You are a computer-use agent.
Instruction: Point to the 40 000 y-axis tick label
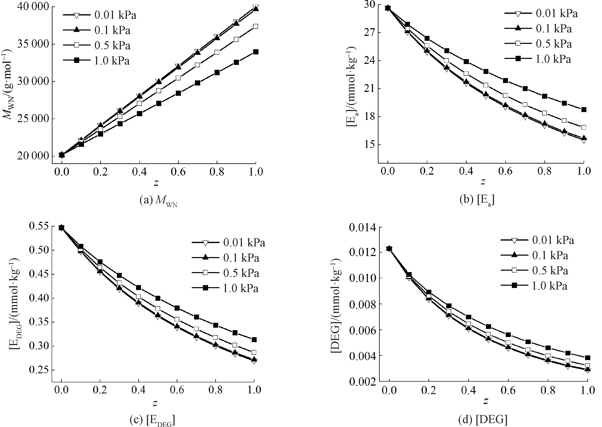33,7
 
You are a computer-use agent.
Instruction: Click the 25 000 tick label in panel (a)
33,119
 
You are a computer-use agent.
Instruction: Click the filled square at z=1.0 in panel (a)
256,52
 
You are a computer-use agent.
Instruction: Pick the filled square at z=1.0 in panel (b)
584,110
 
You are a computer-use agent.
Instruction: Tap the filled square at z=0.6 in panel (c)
177,308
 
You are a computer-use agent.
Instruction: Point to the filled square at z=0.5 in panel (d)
488,326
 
